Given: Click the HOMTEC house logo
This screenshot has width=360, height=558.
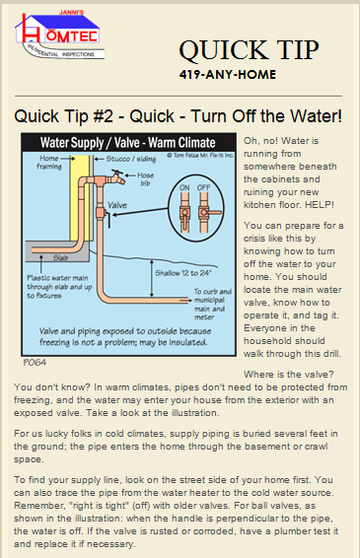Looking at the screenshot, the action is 59,35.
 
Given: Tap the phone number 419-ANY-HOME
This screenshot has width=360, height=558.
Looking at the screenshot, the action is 228,74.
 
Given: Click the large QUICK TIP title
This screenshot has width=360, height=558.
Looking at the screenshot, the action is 249,50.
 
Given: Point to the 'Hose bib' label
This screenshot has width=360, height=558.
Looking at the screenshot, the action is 145,179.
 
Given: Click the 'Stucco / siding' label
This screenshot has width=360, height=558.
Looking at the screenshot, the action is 131,159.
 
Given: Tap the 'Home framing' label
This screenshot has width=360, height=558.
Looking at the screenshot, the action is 48,162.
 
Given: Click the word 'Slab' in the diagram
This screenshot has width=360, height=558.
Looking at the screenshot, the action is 60,257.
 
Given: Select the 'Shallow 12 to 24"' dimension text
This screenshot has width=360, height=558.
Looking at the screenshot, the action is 183,273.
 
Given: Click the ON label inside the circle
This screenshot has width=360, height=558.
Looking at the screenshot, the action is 184,187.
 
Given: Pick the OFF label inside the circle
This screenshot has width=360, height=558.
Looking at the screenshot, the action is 204,187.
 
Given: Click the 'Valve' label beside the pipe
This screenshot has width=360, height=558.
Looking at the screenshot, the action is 117,205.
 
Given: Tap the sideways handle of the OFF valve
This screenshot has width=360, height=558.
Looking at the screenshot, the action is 213,212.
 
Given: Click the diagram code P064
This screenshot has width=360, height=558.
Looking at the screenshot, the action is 35,363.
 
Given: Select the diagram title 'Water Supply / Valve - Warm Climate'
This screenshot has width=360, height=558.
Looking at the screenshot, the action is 128,142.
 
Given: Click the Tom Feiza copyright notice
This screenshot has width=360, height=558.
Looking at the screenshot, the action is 200,155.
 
